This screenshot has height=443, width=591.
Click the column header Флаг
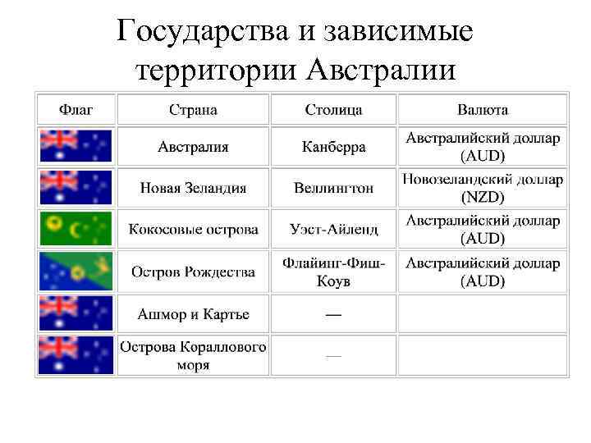coord(76,109)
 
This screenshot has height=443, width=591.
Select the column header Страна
coord(193,109)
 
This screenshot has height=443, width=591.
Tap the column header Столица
coord(333,109)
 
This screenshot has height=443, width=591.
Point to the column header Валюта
coord(483,109)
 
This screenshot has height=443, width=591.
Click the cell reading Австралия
coord(193,147)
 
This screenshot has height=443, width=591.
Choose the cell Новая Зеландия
coord(193,188)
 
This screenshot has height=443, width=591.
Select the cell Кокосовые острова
coord(193,230)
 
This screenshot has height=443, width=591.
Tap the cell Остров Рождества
coord(193,272)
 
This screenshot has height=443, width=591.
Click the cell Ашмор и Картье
coord(193,314)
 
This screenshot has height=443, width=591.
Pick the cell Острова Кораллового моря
coord(193,355)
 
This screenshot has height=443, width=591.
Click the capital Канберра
coord(333,148)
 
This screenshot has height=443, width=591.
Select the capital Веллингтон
coord(333,188)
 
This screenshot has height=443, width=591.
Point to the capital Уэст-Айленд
coord(333,230)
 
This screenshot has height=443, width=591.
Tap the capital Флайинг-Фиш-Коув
coord(333,272)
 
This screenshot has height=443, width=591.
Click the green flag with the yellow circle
coord(76,229)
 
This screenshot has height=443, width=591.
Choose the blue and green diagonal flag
coord(76,272)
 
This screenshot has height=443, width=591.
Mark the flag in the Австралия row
coord(76,146)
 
